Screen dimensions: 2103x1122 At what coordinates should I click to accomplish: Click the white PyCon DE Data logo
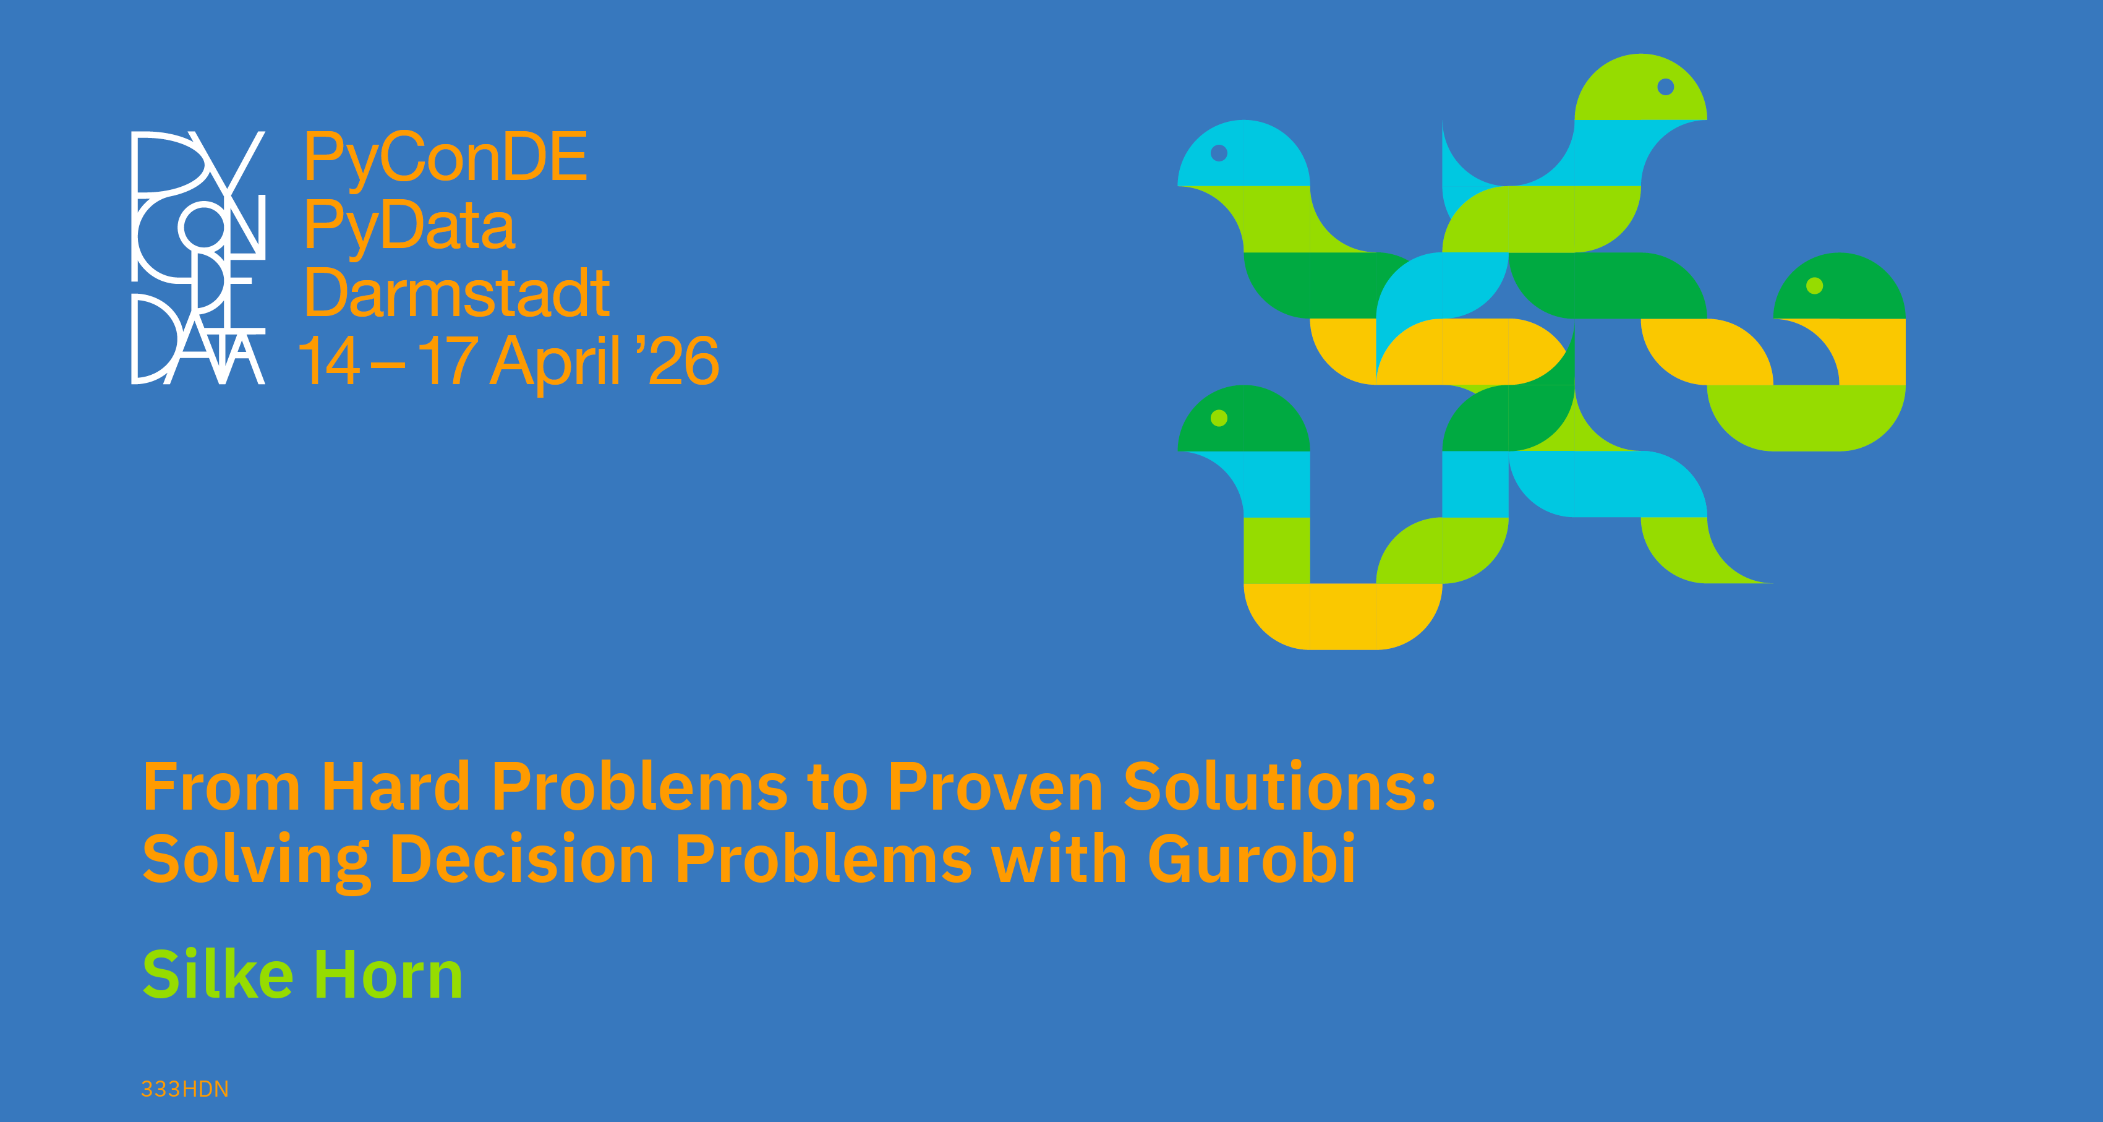coord(198,257)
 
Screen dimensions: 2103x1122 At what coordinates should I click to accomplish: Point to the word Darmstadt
coord(457,293)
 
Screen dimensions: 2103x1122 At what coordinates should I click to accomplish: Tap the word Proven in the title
coord(995,787)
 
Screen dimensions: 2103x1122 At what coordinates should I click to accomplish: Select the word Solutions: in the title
coord(1279,787)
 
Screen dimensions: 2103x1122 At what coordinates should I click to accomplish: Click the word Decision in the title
coord(523,859)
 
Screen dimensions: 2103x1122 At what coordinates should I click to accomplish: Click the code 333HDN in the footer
coord(184,1089)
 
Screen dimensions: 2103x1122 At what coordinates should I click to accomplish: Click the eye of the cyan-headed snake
coord(1219,153)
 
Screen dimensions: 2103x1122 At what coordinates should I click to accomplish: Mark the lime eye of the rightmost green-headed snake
coord(1815,286)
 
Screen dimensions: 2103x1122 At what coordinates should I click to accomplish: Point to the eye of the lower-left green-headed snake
coord(1219,419)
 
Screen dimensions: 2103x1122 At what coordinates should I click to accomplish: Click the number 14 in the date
coord(328,360)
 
